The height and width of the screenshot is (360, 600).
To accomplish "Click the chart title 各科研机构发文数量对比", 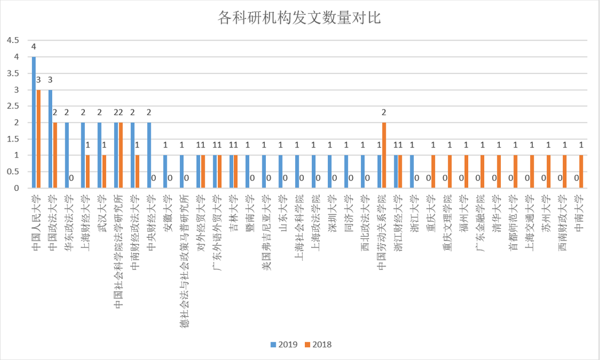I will tap(300, 18).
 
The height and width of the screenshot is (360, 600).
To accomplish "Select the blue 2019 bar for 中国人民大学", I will tap(34, 122).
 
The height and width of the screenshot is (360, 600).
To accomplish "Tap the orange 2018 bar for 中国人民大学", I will tap(38, 139).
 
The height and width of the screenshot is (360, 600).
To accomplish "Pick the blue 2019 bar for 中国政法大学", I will tap(50, 139).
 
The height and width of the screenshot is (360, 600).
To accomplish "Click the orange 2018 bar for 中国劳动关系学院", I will tap(384, 155).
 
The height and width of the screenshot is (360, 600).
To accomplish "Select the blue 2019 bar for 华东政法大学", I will tap(67, 155).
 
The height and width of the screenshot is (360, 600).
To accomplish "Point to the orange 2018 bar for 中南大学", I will tap(581, 171).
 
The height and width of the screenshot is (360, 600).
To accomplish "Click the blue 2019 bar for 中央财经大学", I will tap(149, 155).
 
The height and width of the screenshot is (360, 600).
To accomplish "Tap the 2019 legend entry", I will tap(283, 345).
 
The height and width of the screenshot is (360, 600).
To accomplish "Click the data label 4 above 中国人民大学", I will tap(34, 46).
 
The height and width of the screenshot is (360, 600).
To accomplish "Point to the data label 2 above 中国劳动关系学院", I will tap(384, 112).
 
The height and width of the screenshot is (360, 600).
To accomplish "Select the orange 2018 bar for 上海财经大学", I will tap(88, 171).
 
